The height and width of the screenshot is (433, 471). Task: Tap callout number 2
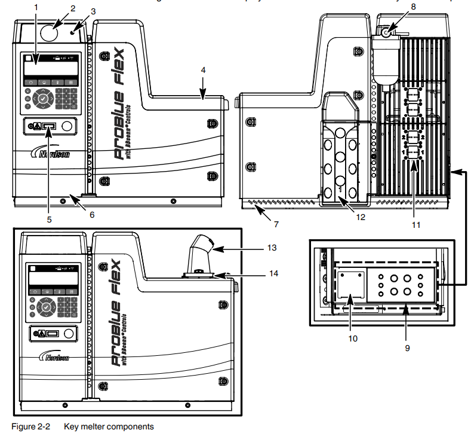click(x=73, y=8)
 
